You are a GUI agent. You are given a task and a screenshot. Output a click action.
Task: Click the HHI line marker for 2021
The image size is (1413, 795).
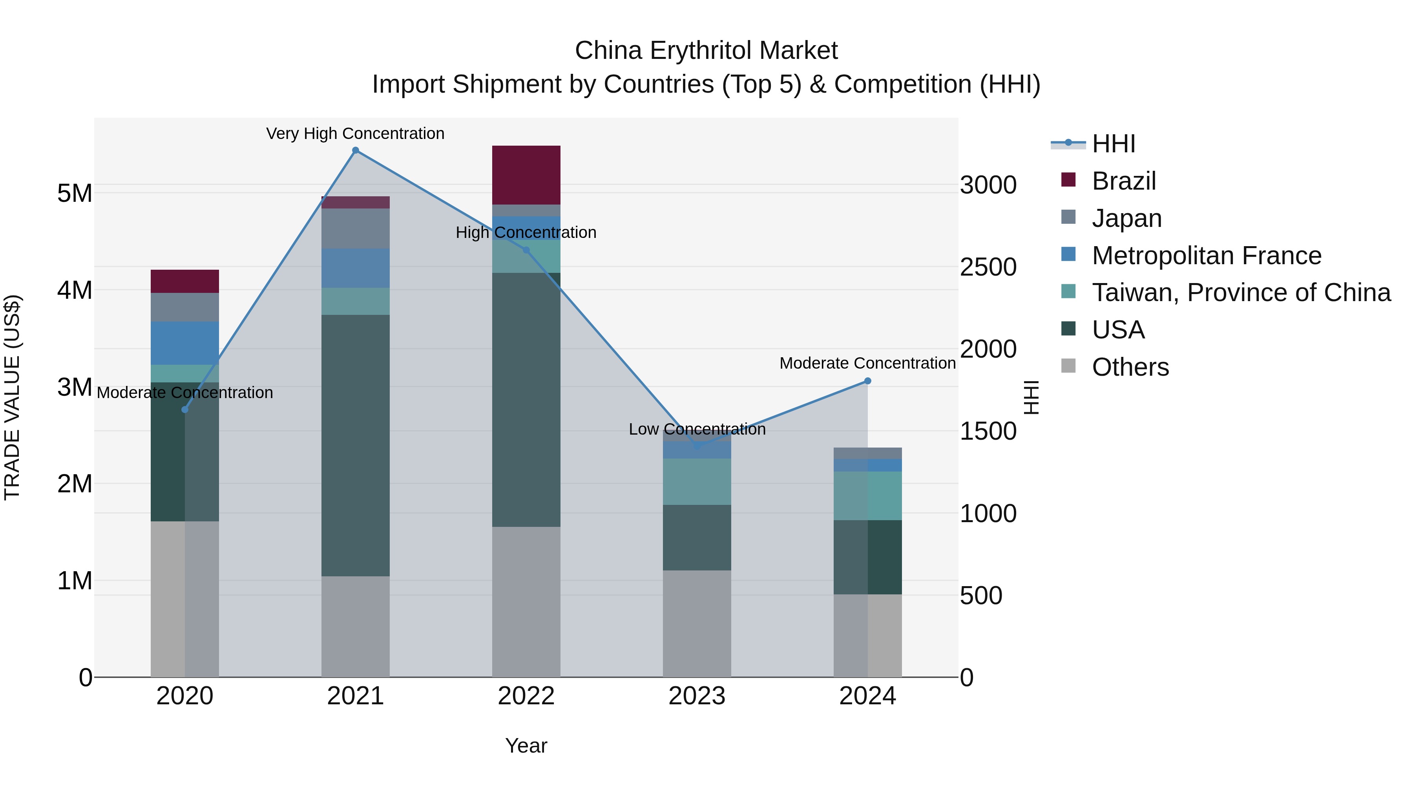pyautogui.click(x=356, y=150)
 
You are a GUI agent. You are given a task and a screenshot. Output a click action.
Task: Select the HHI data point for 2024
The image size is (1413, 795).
pyautogui.click(x=867, y=381)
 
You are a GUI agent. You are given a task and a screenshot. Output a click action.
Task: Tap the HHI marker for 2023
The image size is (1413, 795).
pyautogui.click(x=697, y=446)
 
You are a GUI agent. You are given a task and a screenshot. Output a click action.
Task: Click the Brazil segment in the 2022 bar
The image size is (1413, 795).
pyautogui.click(x=526, y=175)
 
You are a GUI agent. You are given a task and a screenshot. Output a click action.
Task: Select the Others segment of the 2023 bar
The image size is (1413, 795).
pyautogui.click(x=697, y=623)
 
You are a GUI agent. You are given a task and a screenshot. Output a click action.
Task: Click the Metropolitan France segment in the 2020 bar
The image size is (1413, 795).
pyautogui.click(x=185, y=343)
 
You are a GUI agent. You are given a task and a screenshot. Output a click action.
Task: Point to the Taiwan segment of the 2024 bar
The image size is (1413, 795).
pyautogui.click(x=867, y=495)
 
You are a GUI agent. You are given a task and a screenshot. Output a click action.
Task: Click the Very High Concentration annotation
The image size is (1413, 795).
pyautogui.click(x=356, y=134)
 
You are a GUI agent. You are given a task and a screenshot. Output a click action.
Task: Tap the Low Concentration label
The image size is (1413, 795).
pyautogui.click(x=697, y=429)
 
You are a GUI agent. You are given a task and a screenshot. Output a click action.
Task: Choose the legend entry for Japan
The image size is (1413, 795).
pyautogui.click(x=1126, y=218)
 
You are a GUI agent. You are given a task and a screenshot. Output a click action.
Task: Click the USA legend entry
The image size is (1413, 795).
pyautogui.click(x=1118, y=330)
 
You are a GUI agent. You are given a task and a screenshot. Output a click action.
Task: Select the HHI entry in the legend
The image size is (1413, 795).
pyautogui.click(x=1113, y=144)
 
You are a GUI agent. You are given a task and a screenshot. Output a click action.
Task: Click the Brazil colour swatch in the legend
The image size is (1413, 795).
pyautogui.click(x=1068, y=180)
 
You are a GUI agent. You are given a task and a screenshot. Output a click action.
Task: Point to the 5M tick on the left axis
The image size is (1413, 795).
pyautogui.click(x=75, y=193)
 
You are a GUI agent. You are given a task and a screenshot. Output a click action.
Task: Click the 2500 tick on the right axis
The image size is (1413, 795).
pyautogui.click(x=988, y=267)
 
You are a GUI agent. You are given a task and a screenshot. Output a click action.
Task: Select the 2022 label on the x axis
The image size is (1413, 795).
pyautogui.click(x=526, y=696)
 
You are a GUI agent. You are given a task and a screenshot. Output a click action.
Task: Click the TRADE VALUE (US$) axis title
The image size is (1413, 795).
pyautogui.click(x=12, y=397)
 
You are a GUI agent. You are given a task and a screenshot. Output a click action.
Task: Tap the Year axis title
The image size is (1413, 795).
pyautogui.click(x=526, y=746)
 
